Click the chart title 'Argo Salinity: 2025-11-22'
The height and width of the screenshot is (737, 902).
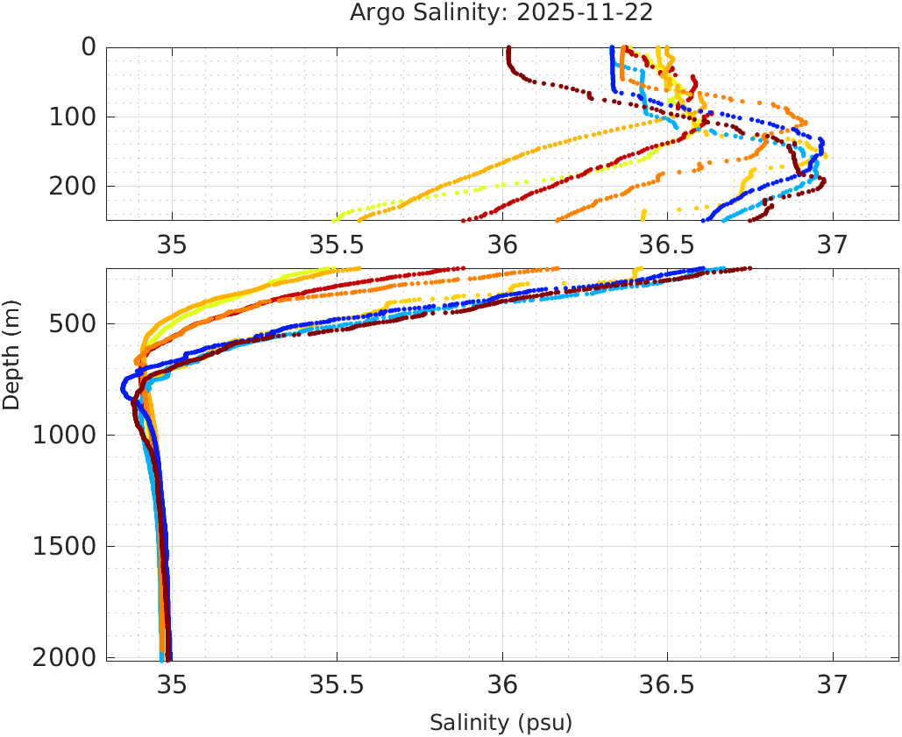click(501, 14)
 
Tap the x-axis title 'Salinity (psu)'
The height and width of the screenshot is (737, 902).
click(501, 723)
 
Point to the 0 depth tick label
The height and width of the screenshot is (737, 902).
click(89, 47)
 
